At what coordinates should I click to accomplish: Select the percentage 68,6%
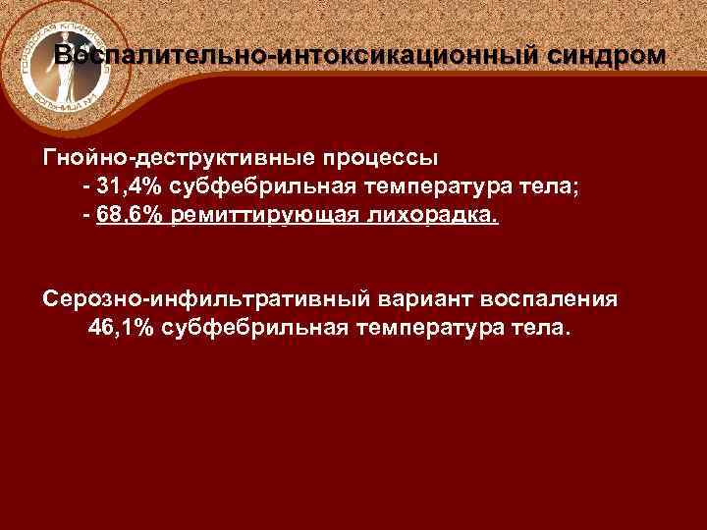coord(131,216)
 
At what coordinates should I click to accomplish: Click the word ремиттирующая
coord(269,216)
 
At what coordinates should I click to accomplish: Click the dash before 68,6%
coord(87,216)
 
